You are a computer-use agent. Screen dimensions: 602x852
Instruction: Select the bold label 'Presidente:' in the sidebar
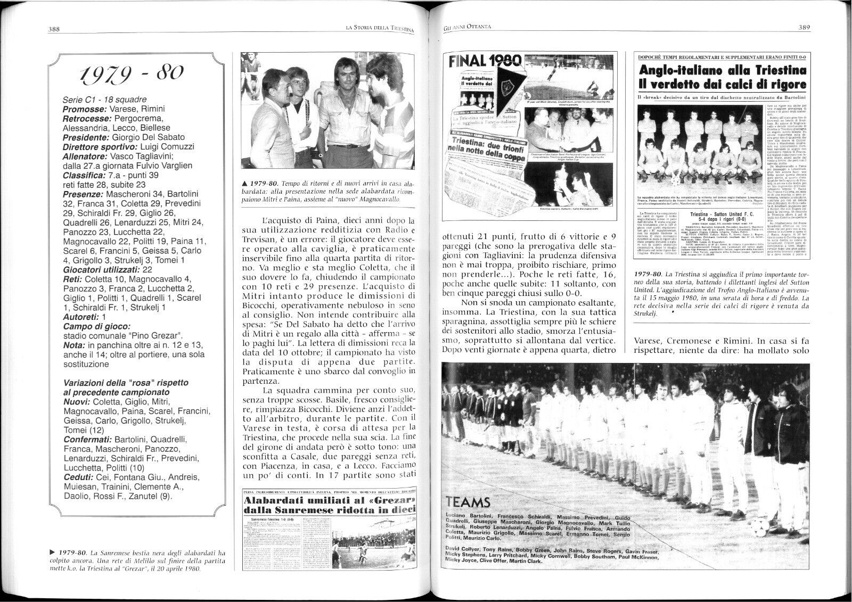pos(86,137)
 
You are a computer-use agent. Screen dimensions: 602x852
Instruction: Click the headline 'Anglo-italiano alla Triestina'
pos(723,70)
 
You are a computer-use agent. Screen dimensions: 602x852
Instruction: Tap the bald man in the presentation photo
pos(265,116)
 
